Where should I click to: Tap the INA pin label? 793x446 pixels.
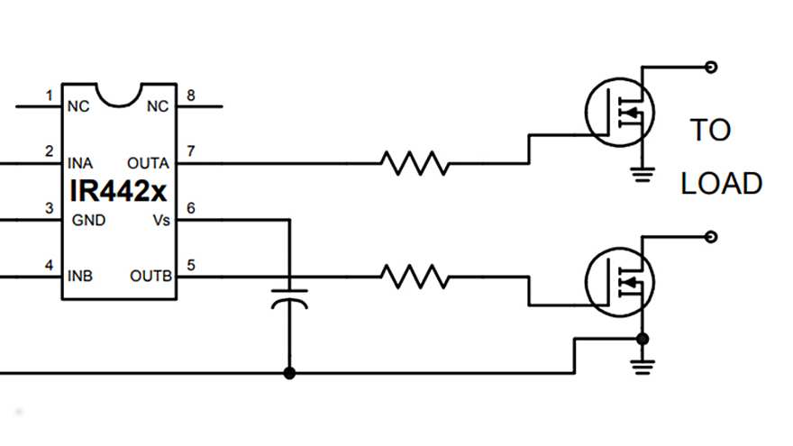click(79, 163)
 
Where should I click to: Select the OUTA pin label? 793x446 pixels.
click(149, 163)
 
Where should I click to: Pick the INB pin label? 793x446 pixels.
click(79, 276)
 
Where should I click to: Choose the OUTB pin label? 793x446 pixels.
click(150, 276)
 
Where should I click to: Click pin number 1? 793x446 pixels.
click(49, 95)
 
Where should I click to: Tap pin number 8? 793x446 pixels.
click(189, 95)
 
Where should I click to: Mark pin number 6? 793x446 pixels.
click(189, 207)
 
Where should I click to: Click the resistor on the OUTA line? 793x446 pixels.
click(415, 163)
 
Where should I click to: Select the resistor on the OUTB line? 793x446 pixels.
click(415, 276)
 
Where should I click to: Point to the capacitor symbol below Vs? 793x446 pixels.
click(289, 298)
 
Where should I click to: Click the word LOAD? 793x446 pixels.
click(721, 184)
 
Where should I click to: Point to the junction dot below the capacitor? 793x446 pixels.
click(289, 372)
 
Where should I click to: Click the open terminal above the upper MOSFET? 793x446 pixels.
click(712, 66)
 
